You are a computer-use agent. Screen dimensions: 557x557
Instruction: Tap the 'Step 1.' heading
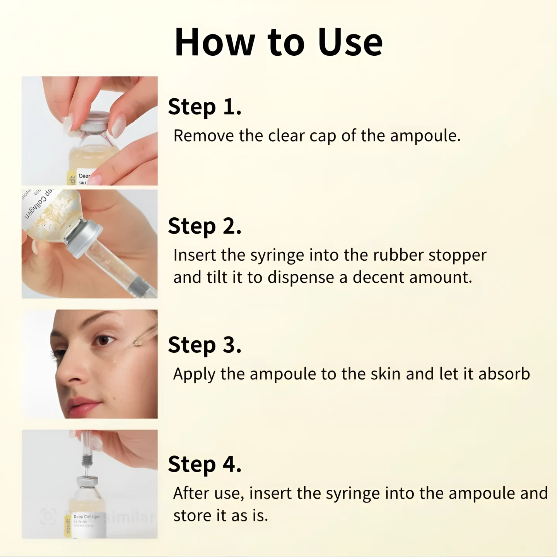205,107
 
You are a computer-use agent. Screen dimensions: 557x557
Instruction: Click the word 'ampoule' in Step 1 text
425,136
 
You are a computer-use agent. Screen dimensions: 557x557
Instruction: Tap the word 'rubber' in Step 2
398,255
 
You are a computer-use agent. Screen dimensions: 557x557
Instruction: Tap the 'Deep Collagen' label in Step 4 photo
87,517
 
